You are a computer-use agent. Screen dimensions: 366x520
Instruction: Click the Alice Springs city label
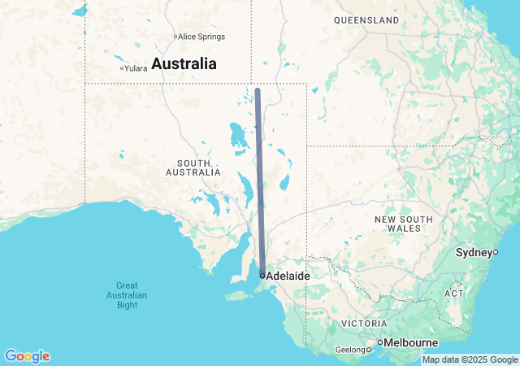tap(201, 37)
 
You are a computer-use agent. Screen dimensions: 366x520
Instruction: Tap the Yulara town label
tap(136, 68)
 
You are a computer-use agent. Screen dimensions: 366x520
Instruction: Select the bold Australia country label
tap(184, 63)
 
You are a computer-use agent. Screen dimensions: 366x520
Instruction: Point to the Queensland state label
tap(366, 20)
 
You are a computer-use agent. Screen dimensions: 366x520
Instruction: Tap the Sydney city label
tap(474, 252)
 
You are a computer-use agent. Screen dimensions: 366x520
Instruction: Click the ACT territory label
tap(454, 293)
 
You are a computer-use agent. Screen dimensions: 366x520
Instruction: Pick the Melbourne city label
tap(411, 342)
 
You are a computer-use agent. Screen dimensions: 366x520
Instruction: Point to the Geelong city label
tap(350, 351)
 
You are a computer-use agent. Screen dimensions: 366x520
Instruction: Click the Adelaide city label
tap(288, 277)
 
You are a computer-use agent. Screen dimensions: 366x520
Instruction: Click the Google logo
tap(27, 356)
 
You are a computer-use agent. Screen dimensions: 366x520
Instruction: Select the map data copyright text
tap(470, 359)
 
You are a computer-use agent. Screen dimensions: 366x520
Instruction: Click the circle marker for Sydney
tap(495, 252)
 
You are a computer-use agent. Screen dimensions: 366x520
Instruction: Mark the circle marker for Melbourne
tap(379, 342)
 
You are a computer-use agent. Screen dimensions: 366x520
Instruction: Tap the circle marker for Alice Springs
tap(175, 37)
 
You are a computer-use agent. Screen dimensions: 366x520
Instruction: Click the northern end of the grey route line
tap(257, 89)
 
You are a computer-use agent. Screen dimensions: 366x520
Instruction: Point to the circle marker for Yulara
tap(121, 68)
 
